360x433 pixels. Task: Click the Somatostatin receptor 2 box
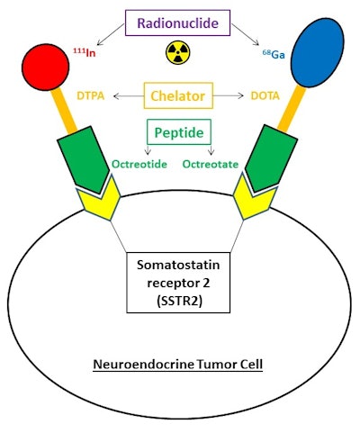[x=180, y=282]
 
